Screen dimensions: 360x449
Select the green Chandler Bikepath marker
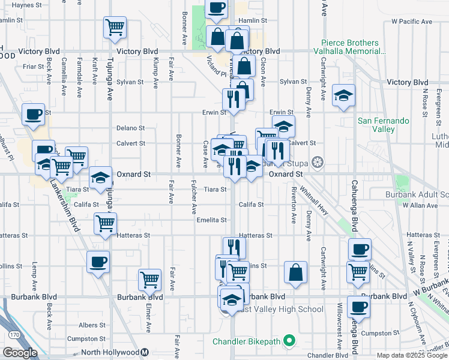coord(289,341)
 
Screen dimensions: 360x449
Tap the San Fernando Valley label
coord(384,125)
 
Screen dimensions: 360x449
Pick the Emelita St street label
coord(211,220)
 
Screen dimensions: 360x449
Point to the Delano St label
coord(131,128)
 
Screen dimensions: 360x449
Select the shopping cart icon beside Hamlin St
coord(115,26)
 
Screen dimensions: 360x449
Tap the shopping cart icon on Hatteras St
coord(105,223)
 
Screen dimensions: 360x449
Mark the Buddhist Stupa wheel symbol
coord(317,163)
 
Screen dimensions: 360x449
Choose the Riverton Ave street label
coord(294,204)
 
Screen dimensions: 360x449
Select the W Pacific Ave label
coord(410,22)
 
